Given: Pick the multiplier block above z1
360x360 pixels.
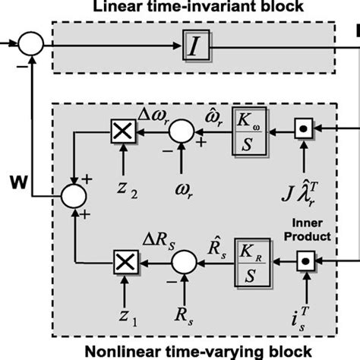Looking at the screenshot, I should [x=121, y=264].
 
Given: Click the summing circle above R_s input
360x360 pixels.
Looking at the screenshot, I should [x=180, y=264].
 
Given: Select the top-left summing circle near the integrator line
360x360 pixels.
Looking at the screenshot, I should [x=32, y=44].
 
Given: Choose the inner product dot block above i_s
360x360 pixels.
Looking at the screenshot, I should [x=304, y=264].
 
